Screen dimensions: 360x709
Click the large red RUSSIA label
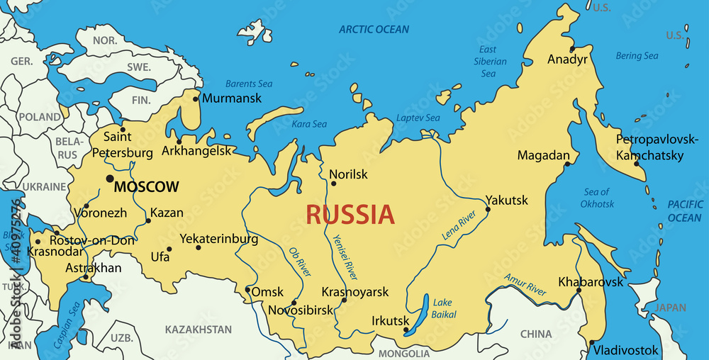[350, 214]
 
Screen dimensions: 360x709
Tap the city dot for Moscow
[110, 179]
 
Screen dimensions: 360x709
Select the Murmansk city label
[231, 99]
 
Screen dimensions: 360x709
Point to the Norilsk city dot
[333, 184]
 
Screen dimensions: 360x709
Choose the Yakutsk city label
[506, 201]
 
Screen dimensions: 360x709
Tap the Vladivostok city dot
[591, 343]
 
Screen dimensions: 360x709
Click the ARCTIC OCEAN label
[374, 29]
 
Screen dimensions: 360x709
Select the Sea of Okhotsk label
[597, 198]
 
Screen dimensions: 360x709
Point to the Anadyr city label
[567, 60]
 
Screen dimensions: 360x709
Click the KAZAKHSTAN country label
[199, 330]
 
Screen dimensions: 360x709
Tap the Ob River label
[299, 261]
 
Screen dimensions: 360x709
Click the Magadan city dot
[567, 164]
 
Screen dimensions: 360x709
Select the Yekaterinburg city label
[219, 239]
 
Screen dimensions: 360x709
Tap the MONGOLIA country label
[404, 353]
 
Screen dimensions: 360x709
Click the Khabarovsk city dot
[579, 291]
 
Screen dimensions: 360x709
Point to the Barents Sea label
[249, 84]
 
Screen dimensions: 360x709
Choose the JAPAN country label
[670, 308]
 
